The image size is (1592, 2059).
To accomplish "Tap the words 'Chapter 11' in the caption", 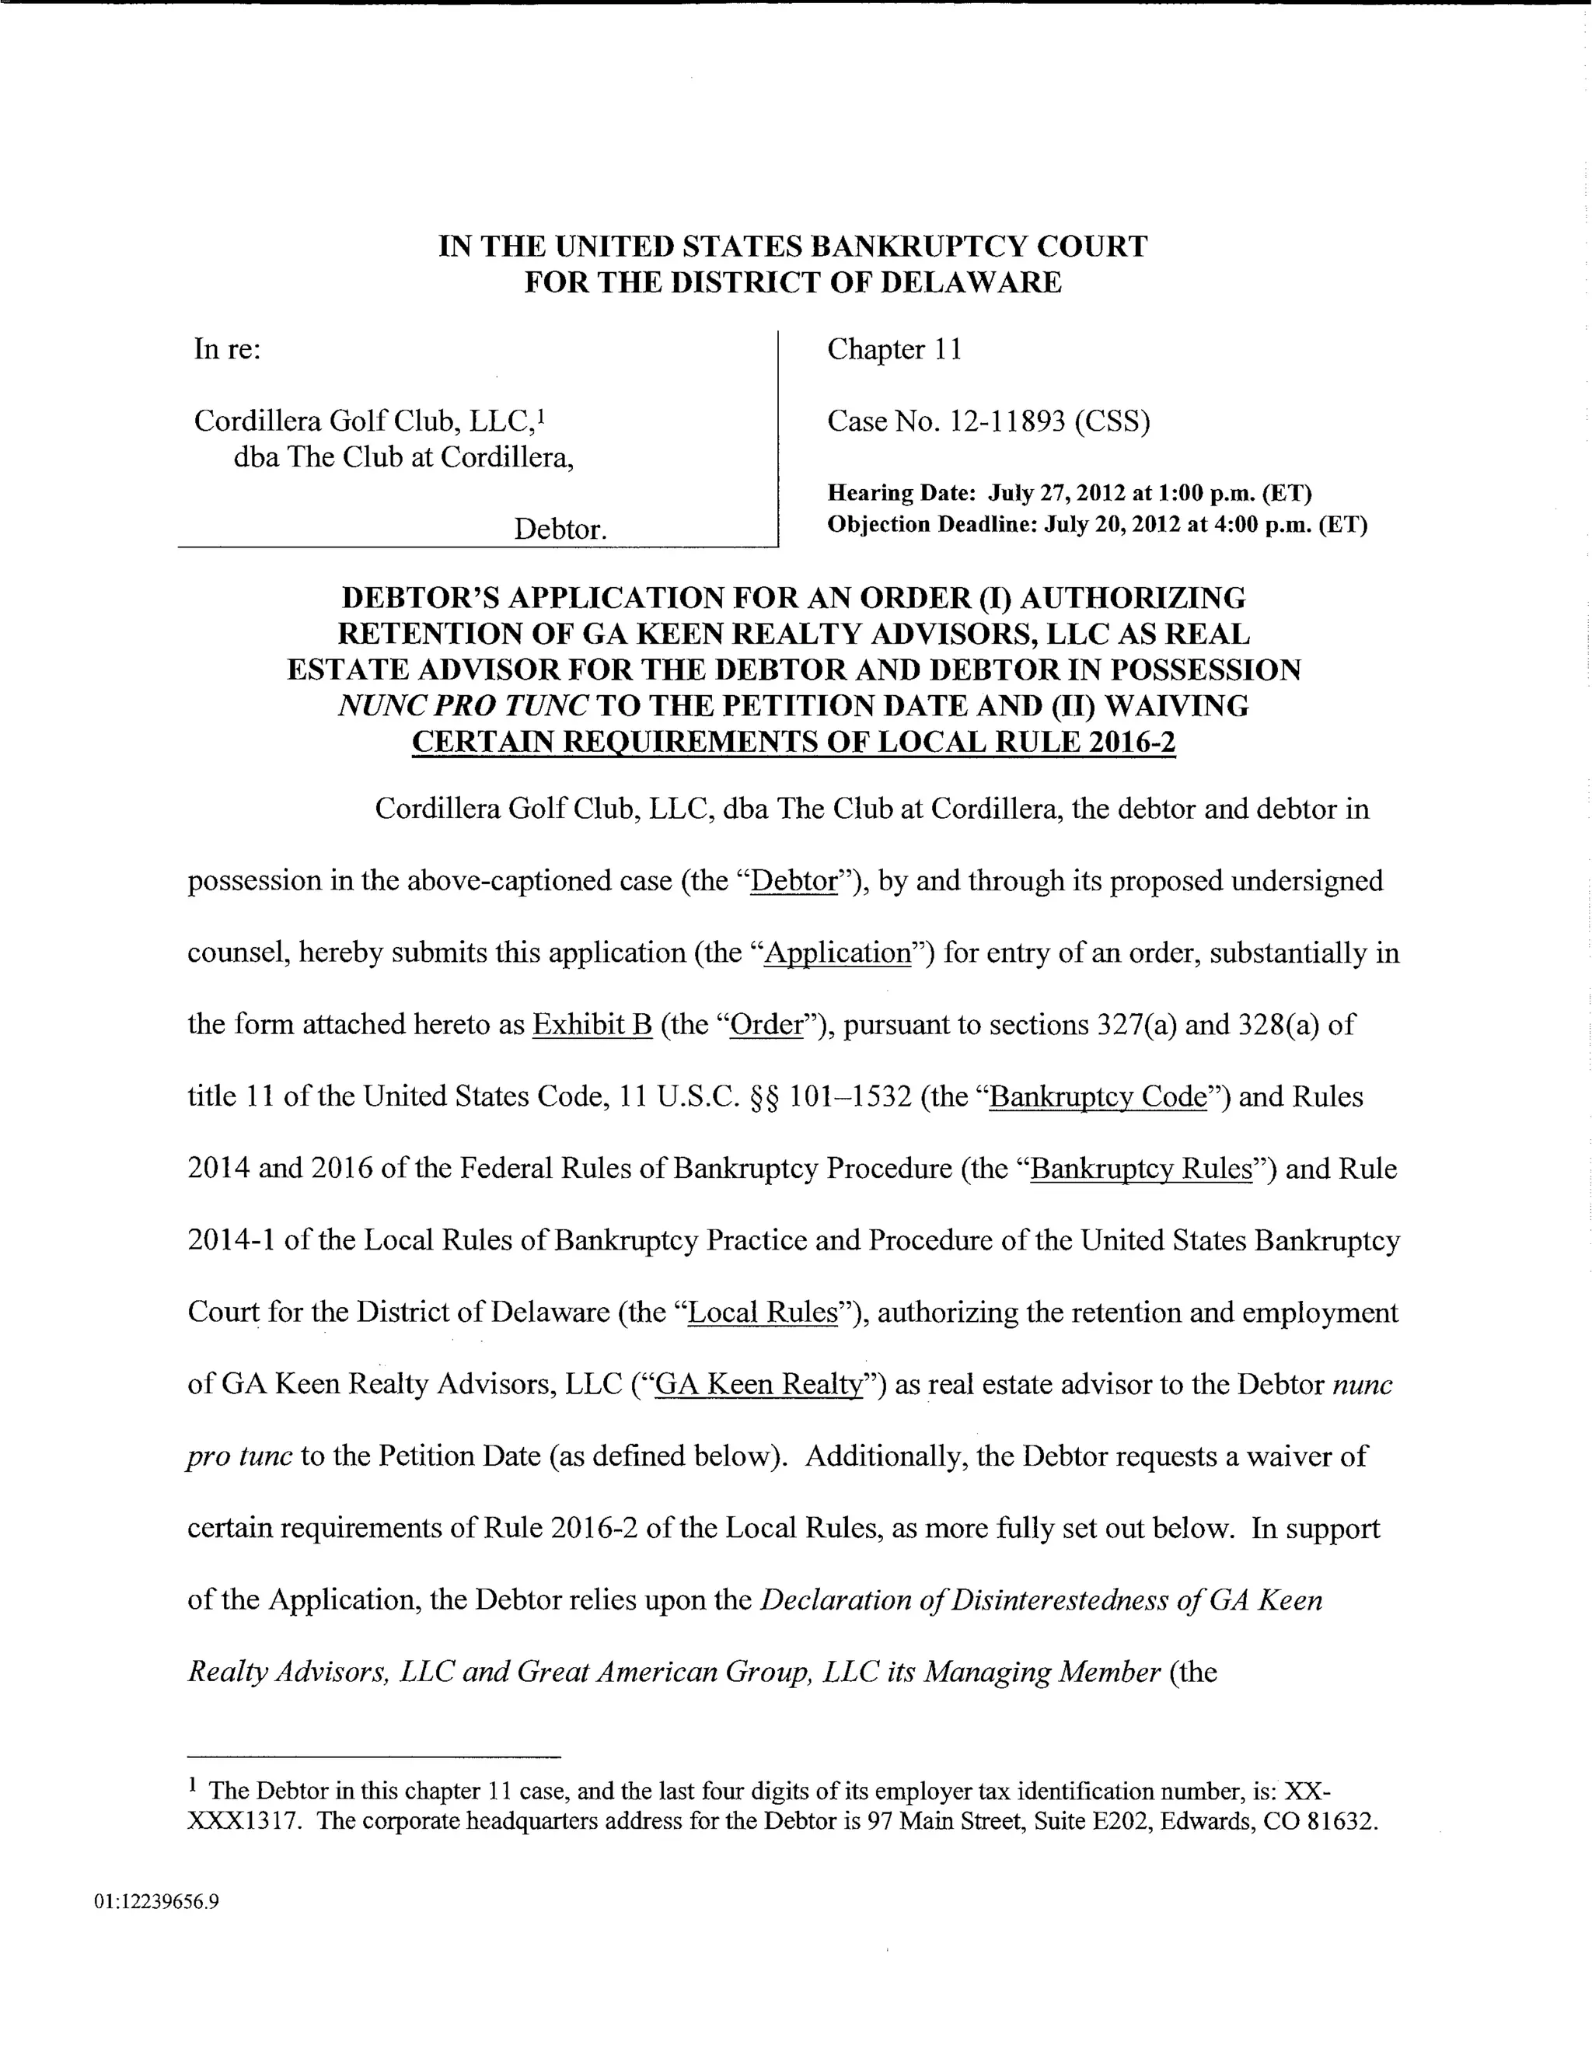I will pos(895,350).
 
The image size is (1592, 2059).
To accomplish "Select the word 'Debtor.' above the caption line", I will pos(560,529).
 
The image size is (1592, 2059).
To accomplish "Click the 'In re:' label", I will pos(227,350).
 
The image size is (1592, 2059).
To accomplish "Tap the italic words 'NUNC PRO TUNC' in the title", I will pos(463,705).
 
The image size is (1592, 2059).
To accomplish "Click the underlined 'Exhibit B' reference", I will pos(592,1025).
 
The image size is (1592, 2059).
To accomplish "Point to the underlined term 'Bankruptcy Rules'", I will pos(1141,1169).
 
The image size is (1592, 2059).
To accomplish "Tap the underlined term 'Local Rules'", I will pos(763,1313).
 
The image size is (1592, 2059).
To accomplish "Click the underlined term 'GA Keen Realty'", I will pos(758,1384).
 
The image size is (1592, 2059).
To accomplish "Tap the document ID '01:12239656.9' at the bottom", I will pos(156,1902).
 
